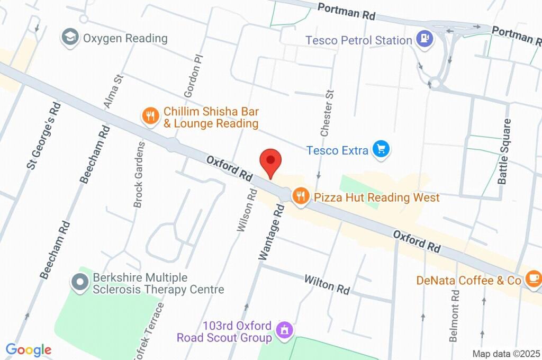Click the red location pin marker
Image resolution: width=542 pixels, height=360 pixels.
[x=270, y=161]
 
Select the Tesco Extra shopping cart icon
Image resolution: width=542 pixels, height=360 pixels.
[x=381, y=150]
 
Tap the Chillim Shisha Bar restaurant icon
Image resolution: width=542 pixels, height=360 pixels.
[x=151, y=116]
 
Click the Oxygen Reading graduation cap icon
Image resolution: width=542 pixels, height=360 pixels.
[x=70, y=38]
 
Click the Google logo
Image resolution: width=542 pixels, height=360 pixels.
[x=28, y=350]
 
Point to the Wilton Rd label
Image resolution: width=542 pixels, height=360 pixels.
[x=327, y=285]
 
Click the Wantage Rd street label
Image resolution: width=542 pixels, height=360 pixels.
[x=272, y=232]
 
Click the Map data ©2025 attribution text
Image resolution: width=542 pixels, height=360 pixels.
[x=506, y=354]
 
